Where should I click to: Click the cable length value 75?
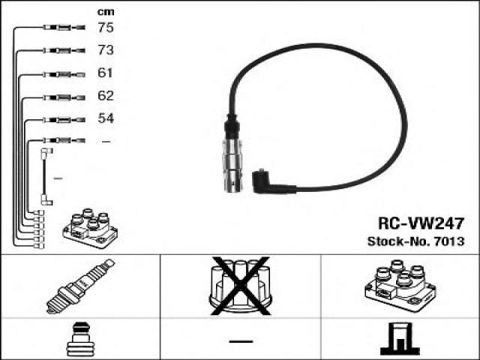[x=106, y=27]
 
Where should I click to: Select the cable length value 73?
[x=106, y=50]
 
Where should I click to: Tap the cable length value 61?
[x=105, y=73]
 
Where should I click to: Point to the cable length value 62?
[x=106, y=96]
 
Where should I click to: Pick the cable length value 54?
[x=106, y=118]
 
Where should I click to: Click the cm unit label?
[x=106, y=12]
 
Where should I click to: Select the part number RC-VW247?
[x=421, y=223]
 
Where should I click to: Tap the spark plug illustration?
[x=80, y=286]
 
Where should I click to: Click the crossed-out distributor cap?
[x=241, y=286]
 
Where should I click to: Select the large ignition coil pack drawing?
[x=400, y=285]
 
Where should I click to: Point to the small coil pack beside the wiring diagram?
[x=90, y=228]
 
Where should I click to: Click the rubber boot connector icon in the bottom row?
[x=78, y=340]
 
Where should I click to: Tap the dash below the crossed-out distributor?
[x=241, y=341]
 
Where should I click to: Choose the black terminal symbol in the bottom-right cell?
[x=400, y=338]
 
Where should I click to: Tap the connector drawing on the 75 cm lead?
[x=64, y=28]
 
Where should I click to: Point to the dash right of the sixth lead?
[x=106, y=142]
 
